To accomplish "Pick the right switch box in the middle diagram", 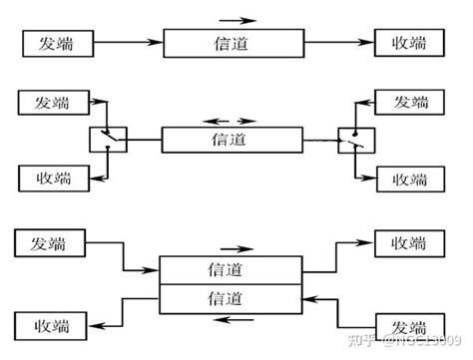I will tap(353, 140).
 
